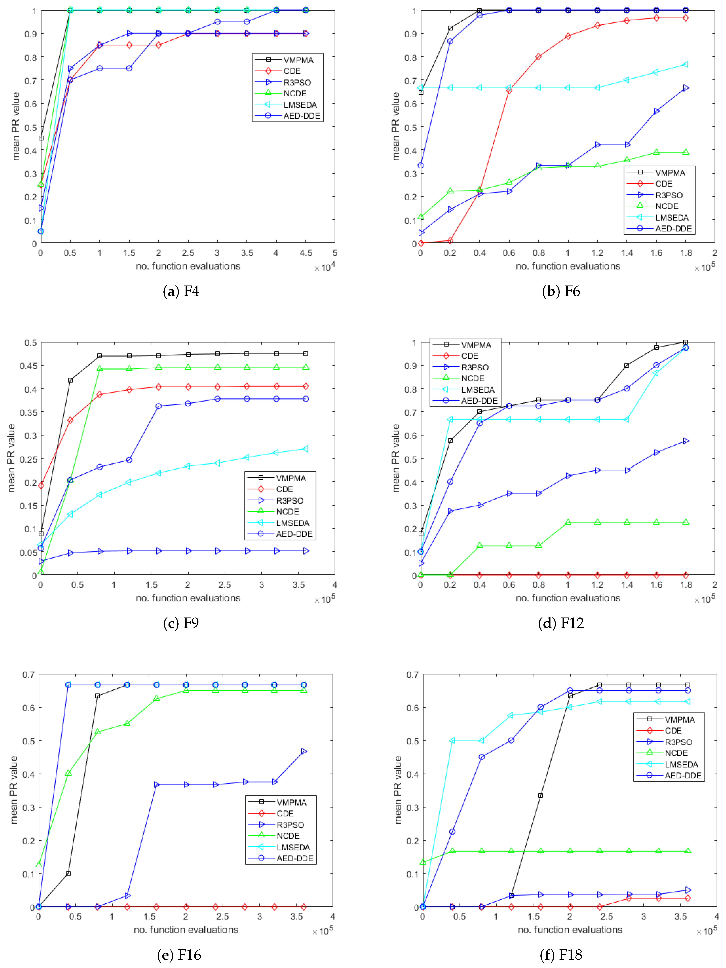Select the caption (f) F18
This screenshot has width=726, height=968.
pyautogui.click(x=561, y=955)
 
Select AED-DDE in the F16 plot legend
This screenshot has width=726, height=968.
pyautogui.click(x=295, y=858)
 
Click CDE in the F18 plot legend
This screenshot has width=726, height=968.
pyautogui.click(x=673, y=730)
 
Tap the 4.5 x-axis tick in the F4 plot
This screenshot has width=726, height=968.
pyautogui.click(x=306, y=253)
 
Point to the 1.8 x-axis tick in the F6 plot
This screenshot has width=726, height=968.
pyautogui.click(x=686, y=253)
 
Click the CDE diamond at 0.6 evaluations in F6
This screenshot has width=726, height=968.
pyautogui.click(x=509, y=90)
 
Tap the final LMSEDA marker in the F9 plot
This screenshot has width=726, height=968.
pyautogui.click(x=306, y=448)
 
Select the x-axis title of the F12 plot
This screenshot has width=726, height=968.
pyautogui.click(x=568, y=598)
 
